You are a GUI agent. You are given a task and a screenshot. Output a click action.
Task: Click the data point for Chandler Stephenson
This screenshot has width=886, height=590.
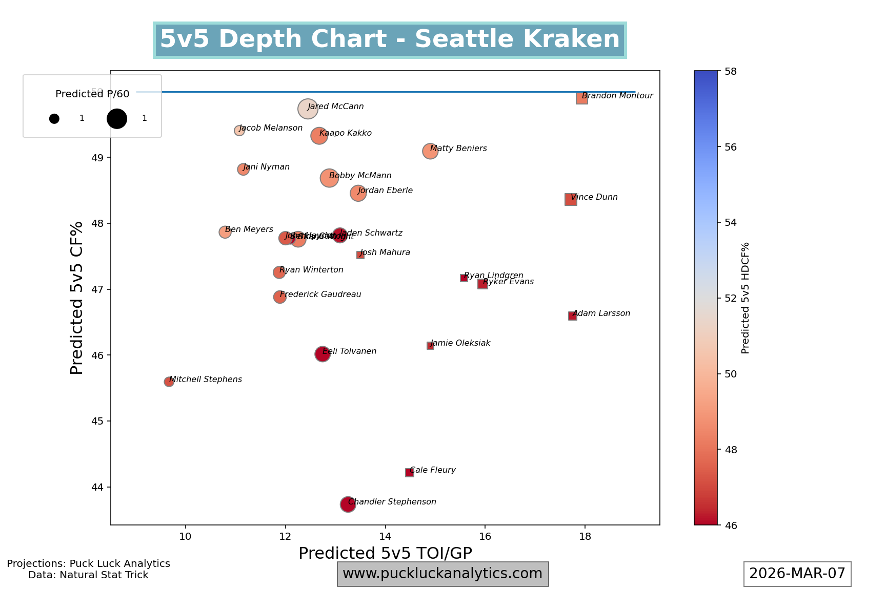348,504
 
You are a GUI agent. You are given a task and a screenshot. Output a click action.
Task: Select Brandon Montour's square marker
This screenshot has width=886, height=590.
581,98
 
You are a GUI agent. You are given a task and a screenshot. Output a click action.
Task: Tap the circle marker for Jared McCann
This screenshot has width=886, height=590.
308,109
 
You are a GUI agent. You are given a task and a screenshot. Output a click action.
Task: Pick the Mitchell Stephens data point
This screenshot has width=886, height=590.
169,382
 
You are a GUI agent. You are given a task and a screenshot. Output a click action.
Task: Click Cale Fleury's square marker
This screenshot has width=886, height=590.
409,473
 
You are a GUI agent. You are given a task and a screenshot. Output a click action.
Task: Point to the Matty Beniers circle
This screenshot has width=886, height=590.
430,151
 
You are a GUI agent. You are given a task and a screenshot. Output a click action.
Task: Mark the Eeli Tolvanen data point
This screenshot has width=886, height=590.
322,354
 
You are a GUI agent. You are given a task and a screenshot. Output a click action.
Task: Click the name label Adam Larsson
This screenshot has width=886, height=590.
601,313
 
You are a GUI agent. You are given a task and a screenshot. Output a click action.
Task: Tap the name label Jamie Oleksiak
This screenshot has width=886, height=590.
460,343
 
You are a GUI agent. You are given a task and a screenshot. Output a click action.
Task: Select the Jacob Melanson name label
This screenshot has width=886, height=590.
271,128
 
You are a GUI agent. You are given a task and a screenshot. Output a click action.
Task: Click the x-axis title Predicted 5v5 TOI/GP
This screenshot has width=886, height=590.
385,554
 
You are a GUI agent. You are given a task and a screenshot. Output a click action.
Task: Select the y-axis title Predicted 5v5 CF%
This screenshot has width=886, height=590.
77,298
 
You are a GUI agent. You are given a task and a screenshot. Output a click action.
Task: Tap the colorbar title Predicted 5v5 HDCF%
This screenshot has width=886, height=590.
746,298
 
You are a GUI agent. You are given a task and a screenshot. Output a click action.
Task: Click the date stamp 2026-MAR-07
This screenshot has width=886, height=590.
797,574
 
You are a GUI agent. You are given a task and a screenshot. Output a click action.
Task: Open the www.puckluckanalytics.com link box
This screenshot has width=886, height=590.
442,574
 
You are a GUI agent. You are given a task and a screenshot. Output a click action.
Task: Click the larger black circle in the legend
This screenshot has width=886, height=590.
117,118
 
